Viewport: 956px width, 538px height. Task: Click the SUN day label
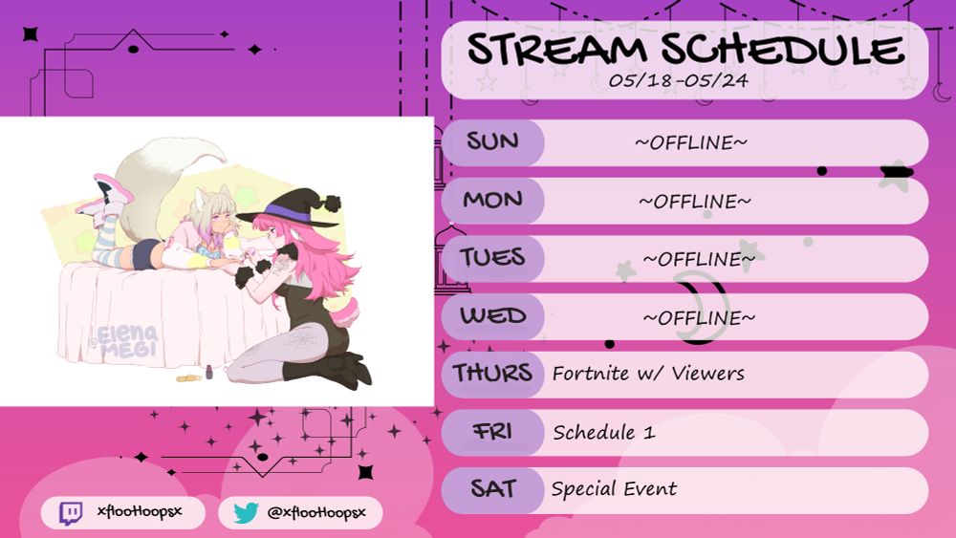[492, 142]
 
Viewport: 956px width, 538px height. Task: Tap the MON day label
[492, 200]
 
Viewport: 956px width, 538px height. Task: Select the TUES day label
[492, 258]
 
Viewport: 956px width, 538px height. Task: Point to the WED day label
[492, 315]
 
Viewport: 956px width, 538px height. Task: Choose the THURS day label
[492, 373]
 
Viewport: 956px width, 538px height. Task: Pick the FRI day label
[492, 431]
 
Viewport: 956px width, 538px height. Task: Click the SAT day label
[492, 488]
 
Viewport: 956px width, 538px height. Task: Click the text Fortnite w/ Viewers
[648, 373]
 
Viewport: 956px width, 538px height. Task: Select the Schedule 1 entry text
[603, 432]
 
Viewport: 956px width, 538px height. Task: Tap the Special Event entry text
[614, 488]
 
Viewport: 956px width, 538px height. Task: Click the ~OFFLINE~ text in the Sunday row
[691, 142]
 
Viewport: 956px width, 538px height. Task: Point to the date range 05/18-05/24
[678, 80]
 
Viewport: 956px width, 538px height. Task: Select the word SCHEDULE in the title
[783, 49]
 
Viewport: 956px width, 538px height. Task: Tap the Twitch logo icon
[70, 513]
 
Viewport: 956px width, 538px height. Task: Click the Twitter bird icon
[247, 513]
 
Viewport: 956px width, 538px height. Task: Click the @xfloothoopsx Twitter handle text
[316, 512]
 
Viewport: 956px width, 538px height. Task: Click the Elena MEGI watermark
[127, 340]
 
